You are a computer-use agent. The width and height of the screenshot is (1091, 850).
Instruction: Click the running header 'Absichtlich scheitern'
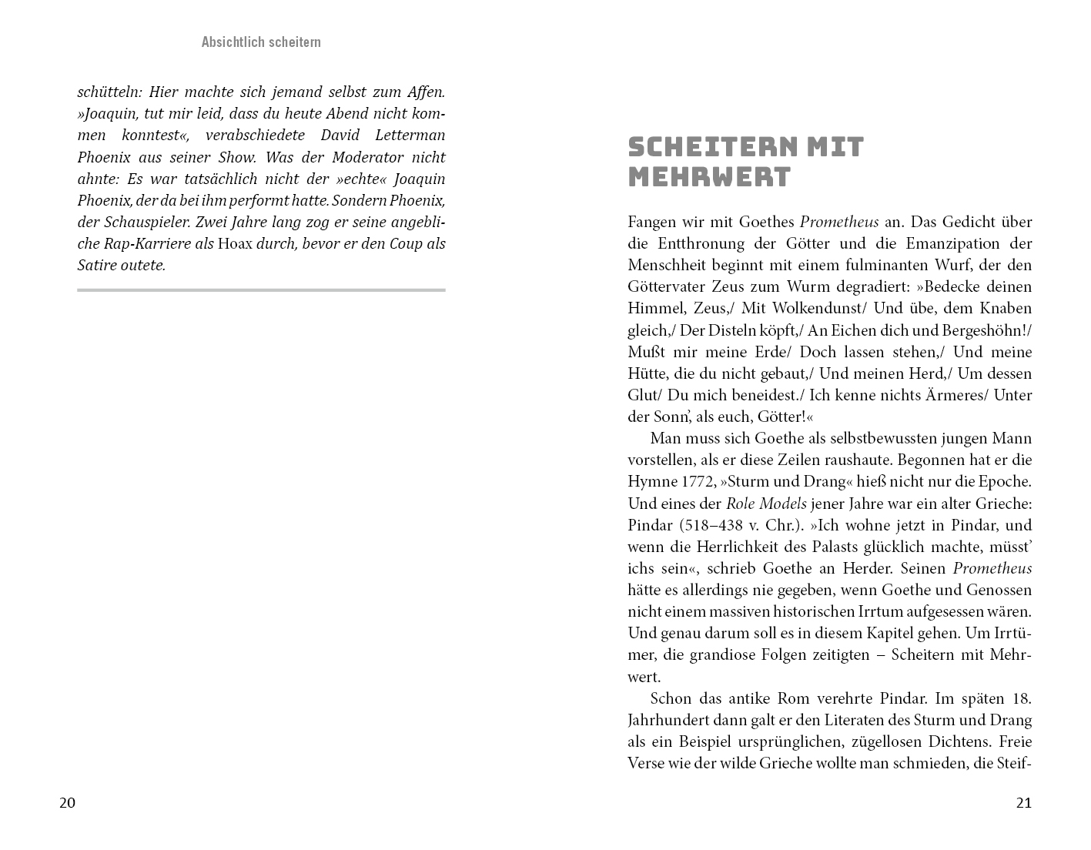tap(261, 42)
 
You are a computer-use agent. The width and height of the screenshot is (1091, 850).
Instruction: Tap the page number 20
tap(68, 803)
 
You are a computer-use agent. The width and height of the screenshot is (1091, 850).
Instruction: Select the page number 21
tap(1023, 803)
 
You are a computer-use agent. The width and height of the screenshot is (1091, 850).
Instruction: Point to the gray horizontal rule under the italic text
tap(261, 290)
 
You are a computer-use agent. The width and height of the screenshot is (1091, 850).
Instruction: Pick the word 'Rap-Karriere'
tap(144, 244)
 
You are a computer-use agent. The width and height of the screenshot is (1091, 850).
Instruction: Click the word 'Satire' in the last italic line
tap(99, 266)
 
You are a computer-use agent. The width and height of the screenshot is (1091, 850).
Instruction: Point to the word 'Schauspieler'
tap(144, 223)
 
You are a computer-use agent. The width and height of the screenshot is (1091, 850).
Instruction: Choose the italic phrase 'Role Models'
tap(766, 504)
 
